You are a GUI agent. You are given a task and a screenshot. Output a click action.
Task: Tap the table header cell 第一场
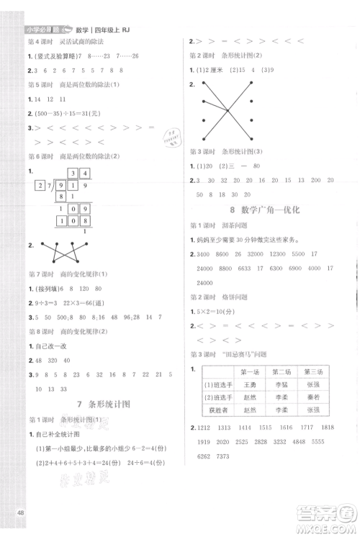pyautogui.click(x=250, y=372)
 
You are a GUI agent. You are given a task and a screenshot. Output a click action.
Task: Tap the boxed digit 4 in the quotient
pyautogui.click(x=84, y=173)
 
